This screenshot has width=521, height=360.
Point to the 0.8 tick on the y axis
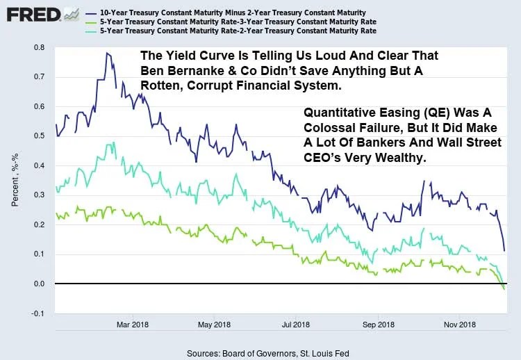point(39,48)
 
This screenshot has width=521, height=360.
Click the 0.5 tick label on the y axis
point(39,137)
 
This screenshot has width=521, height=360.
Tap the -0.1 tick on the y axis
point(38,314)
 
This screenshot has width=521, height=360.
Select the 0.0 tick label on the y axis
point(39,284)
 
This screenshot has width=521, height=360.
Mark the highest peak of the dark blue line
point(107,53)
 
